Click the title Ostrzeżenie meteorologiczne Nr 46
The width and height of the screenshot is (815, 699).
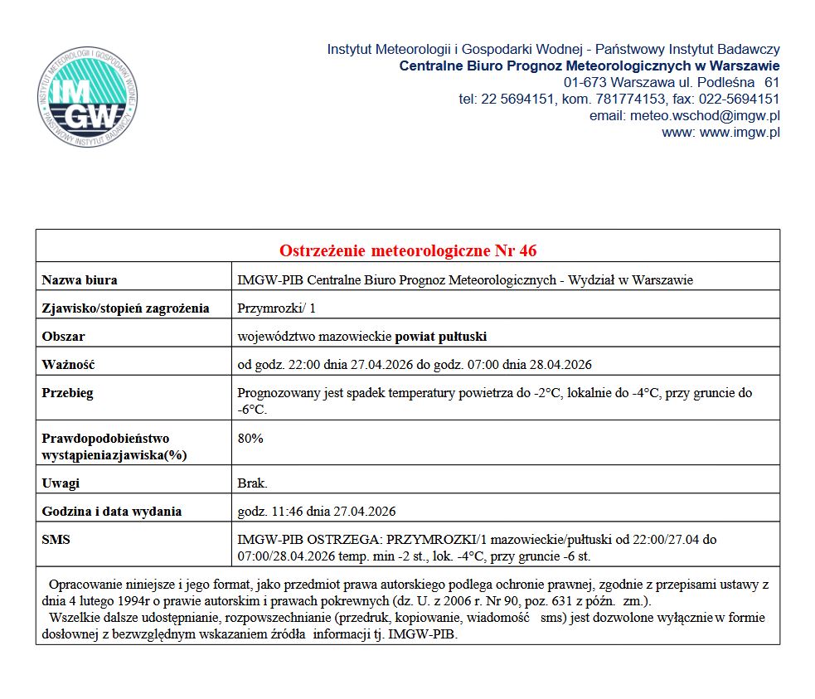pyautogui.click(x=407, y=250)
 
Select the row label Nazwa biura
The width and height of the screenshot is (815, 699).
pyautogui.click(x=79, y=280)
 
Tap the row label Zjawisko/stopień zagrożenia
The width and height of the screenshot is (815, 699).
pyautogui.click(x=125, y=308)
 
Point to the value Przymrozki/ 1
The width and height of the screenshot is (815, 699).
pyautogui.click(x=276, y=308)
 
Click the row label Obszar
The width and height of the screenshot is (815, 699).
pyautogui.click(x=63, y=337)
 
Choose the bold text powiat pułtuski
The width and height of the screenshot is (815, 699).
pyautogui.click(x=441, y=337)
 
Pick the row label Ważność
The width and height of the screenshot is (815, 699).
pyautogui.click(x=68, y=365)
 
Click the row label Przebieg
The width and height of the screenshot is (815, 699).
pyautogui.click(x=67, y=393)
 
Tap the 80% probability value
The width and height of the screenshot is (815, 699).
pyautogui.click(x=250, y=439)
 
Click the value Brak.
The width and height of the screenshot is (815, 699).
pyautogui.click(x=252, y=483)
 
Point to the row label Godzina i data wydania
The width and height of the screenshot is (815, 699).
pyautogui.click(x=111, y=512)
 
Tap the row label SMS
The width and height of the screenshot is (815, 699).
pyautogui.click(x=56, y=540)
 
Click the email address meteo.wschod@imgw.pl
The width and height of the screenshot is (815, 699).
pyautogui.click(x=705, y=116)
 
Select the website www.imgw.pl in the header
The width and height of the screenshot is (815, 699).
pyautogui.click(x=740, y=133)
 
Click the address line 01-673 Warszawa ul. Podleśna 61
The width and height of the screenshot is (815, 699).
pyautogui.click(x=672, y=83)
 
